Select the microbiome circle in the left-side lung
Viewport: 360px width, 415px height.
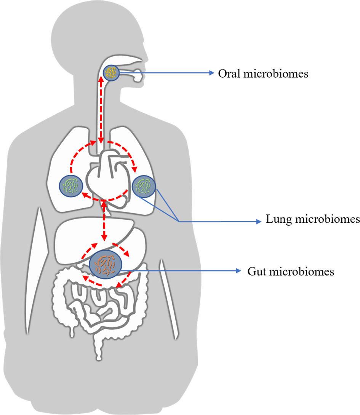[x=70, y=186]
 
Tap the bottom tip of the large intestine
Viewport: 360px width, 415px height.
[x=99, y=358]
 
